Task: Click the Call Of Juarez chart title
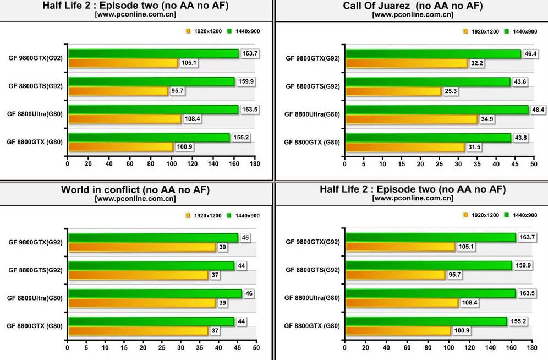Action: click(x=412, y=6)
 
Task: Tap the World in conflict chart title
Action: click(x=135, y=190)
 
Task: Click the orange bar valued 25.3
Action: click(x=393, y=91)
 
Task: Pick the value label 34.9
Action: click(x=487, y=119)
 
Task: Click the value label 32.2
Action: click(x=476, y=63)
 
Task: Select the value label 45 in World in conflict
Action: click(x=245, y=237)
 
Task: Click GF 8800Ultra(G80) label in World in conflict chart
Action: click(x=35, y=298)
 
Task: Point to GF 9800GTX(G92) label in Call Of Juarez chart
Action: click(x=313, y=58)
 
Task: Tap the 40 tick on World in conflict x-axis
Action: click(x=218, y=347)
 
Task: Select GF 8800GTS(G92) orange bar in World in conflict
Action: click(x=138, y=275)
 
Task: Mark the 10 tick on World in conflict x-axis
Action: click(x=105, y=347)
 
